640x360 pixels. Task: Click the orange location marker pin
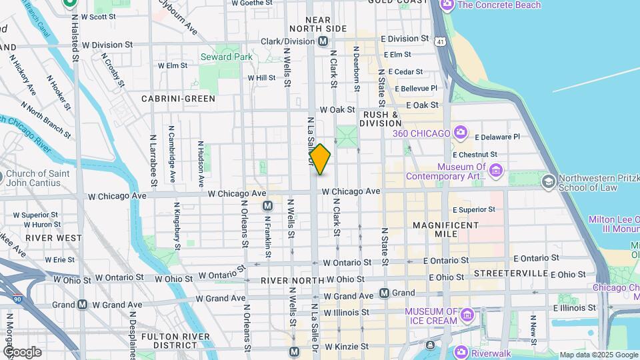point(320,159)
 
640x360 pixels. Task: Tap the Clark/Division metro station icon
point(323,41)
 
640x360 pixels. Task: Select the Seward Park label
point(227,57)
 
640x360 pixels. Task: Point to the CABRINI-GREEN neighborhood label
point(178,99)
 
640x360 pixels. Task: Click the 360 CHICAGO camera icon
point(460,133)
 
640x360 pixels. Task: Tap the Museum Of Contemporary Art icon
point(495,171)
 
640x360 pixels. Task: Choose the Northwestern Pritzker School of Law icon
point(548,182)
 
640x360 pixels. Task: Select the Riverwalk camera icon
point(460,352)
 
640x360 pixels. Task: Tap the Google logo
point(22,351)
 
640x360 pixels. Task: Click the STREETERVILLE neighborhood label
point(510,274)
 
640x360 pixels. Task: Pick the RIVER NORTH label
point(288,281)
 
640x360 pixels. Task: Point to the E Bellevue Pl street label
point(416,88)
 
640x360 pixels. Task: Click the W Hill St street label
point(261,78)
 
